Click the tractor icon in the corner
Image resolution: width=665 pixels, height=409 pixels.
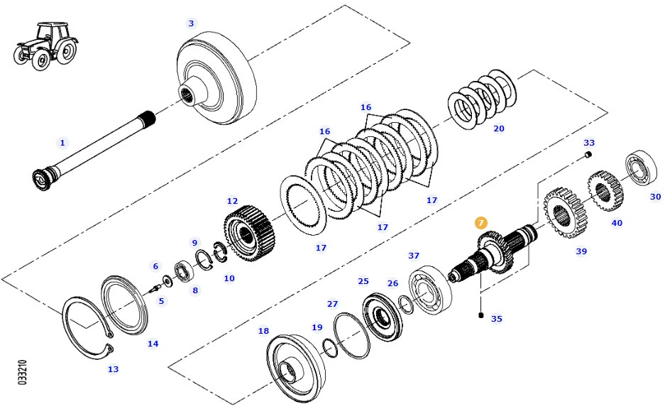(45, 44)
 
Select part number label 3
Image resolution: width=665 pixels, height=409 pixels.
(190, 23)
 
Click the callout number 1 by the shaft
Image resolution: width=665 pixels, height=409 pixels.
(62, 143)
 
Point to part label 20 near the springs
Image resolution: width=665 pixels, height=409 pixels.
(499, 129)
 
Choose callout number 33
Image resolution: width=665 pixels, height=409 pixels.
(589, 143)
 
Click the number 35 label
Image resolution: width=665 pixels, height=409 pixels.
(497, 319)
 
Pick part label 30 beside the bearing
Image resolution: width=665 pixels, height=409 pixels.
(655, 197)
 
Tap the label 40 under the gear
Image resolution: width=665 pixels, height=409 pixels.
(617, 223)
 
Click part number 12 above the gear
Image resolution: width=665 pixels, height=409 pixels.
(232, 201)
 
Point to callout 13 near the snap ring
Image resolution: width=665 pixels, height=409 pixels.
(113, 369)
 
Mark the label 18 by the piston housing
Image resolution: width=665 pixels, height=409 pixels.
(263, 331)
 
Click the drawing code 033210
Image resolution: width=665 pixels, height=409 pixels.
(23, 372)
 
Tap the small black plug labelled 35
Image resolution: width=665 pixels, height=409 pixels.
(481, 315)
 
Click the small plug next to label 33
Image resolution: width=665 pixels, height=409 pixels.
(588, 154)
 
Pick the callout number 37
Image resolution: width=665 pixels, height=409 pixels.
(413, 256)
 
